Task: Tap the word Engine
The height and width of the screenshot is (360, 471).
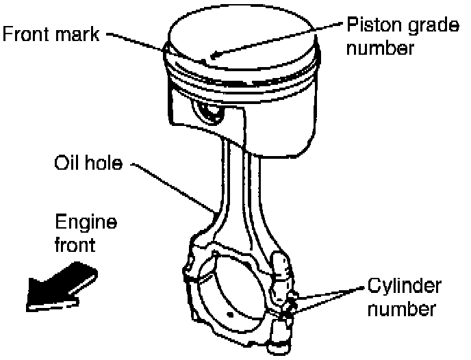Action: coord(86,222)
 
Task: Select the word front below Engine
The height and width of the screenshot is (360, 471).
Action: coord(76,244)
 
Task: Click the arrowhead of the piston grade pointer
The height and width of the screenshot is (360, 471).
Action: coord(216,55)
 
